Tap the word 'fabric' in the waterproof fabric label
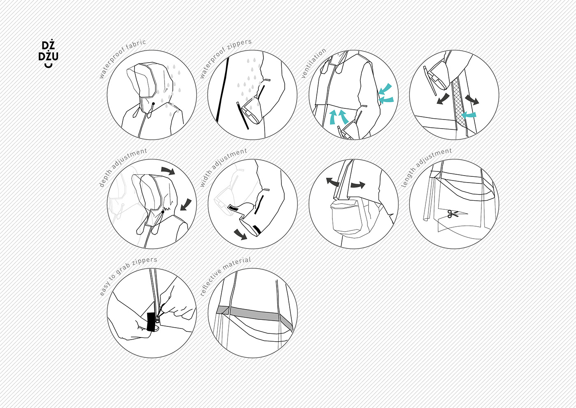[x=136, y=46]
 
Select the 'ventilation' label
[x=313, y=63]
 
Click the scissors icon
[x=453, y=213]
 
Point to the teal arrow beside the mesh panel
[x=469, y=115]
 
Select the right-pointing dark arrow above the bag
[x=357, y=185]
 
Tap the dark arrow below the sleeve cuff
[x=240, y=234]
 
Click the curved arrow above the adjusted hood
[x=168, y=171]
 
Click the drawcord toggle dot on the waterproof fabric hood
[x=153, y=103]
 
